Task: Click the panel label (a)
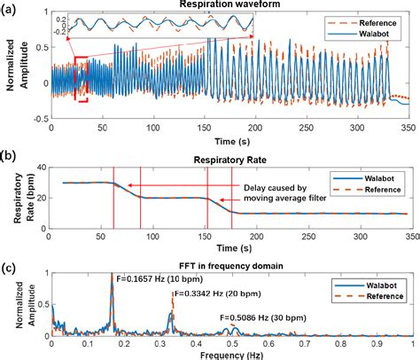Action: point(12,6)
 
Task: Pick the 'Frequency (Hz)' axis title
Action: point(234,353)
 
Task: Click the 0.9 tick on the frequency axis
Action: point(377,342)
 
